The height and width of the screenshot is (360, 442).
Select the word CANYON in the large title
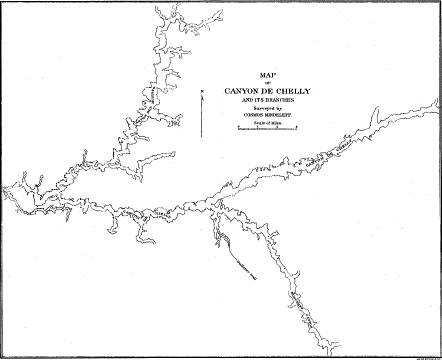(x=241, y=90)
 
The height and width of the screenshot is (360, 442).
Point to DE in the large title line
(x=265, y=90)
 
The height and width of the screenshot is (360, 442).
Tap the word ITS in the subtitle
(x=260, y=101)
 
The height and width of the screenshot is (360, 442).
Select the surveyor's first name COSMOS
(x=252, y=117)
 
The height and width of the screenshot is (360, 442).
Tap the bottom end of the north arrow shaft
(x=201, y=134)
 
